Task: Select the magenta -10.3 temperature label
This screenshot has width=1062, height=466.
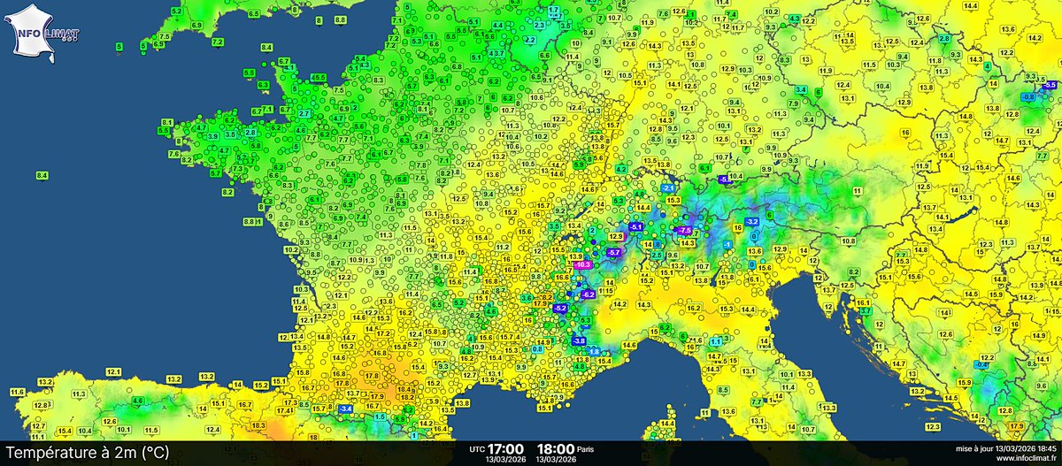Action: (x=582, y=264)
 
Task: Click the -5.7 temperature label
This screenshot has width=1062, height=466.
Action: (x=614, y=253)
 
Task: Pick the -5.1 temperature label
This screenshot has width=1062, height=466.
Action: (x=635, y=226)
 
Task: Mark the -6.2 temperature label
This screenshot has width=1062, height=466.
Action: (x=588, y=294)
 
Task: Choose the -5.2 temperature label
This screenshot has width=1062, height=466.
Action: (x=560, y=308)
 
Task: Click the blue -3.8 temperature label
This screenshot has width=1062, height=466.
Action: (x=579, y=340)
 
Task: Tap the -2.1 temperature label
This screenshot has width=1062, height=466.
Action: (x=668, y=188)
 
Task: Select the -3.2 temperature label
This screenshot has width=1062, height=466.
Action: (x=752, y=221)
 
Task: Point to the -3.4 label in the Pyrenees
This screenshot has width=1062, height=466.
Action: (x=345, y=409)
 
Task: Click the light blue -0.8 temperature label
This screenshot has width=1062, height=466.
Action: (x=1028, y=95)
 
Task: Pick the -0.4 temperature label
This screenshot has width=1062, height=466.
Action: (x=981, y=364)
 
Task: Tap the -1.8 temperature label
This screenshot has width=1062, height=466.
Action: (x=594, y=351)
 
